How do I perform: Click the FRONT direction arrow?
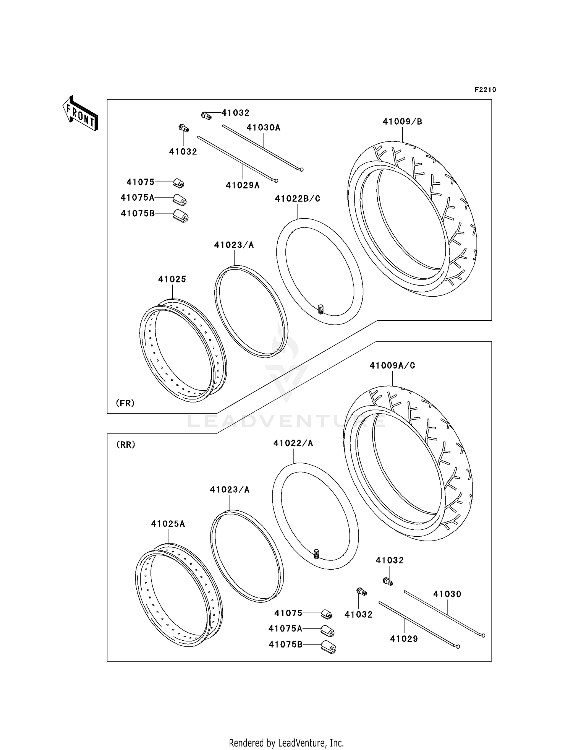point(81,114)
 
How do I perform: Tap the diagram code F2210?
point(485,90)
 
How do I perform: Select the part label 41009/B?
point(402,122)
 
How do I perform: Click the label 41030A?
point(263,128)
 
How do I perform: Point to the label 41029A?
point(243,185)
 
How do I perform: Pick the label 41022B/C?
point(297,199)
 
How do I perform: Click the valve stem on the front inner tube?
point(321,309)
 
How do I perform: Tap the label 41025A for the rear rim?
point(168,524)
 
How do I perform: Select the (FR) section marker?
point(125,403)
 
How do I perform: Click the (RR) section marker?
point(126,445)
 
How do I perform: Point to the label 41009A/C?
point(392,365)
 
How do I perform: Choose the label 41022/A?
point(293,443)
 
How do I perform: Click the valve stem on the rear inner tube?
point(316,553)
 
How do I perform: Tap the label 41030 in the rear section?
point(447,594)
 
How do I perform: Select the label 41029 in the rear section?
point(404,639)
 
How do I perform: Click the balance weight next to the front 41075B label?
point(181,216)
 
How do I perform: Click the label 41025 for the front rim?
point(172,279)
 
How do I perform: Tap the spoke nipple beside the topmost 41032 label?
point(206,115)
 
